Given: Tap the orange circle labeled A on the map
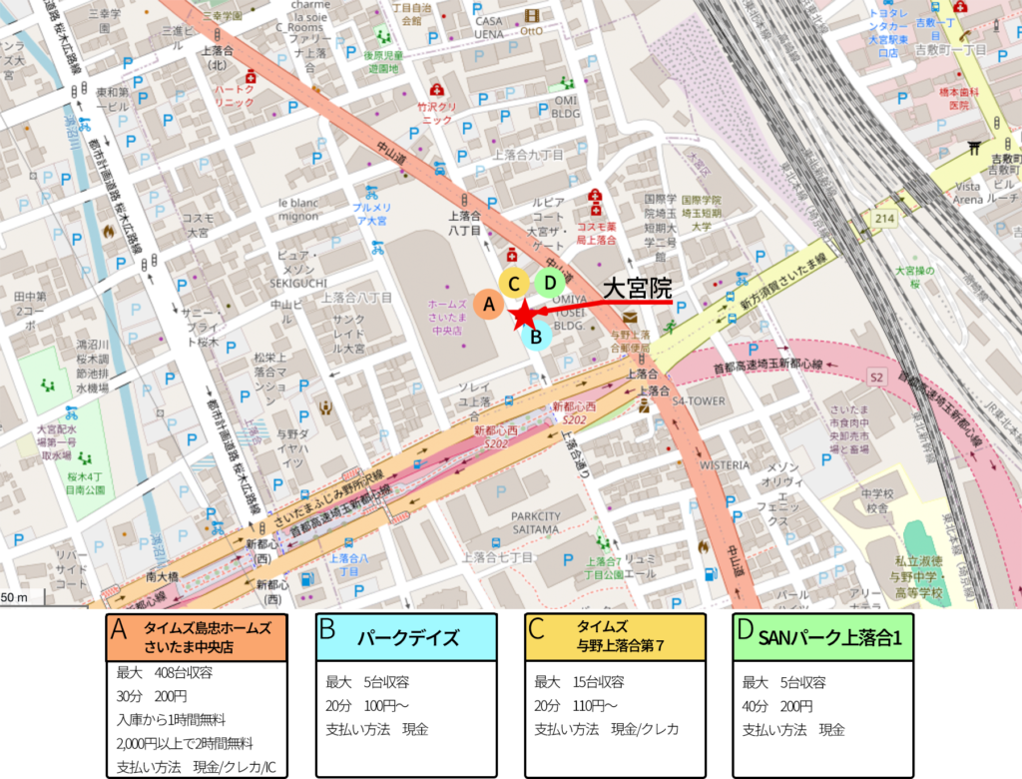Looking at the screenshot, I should coord(488,304).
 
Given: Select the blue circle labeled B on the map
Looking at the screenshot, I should coord(536,337).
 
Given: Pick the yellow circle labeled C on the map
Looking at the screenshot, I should coord(514,284).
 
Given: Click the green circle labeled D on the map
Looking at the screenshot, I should coord(549,283).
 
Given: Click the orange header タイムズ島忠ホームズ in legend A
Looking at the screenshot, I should coord(197,637).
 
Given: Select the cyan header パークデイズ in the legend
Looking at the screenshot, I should coord(406,637).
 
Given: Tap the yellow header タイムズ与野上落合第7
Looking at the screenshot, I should coord(615,637).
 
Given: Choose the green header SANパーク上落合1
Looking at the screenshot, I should coord(823,637).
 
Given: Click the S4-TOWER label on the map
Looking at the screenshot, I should coord(698,401).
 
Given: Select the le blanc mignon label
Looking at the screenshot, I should coord(298,209).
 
